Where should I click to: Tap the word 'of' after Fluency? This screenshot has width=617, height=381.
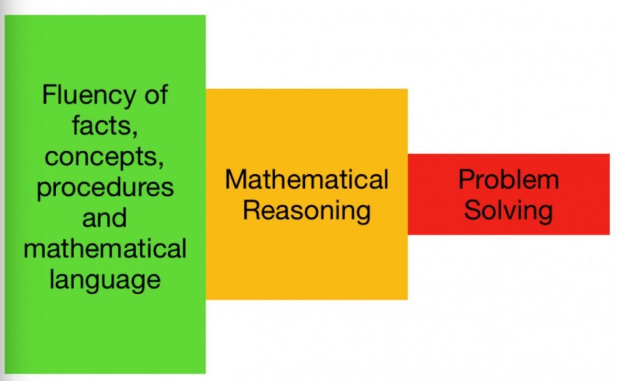tap(156, 95)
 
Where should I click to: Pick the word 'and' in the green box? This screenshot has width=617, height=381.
tap(105, 218)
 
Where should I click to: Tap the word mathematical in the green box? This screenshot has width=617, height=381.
tap(105, 249)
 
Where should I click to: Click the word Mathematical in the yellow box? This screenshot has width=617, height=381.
tap(307, 179)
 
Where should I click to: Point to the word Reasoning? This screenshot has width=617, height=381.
tap(307, 212)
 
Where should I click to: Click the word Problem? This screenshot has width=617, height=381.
tap(509, 179)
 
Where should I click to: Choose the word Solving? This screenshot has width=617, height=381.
tap(509, 212)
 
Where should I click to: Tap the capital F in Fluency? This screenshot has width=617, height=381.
tap(49, 95)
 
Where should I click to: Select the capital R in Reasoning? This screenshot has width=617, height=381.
tap(251, 210)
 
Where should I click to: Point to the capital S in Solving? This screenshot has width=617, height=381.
tap(472, 210)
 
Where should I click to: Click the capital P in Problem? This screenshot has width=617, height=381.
tap(467, 179)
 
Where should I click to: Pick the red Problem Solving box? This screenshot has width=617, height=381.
tap(509, 195)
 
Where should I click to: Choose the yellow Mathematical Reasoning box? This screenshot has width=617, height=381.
tap(307, 195)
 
